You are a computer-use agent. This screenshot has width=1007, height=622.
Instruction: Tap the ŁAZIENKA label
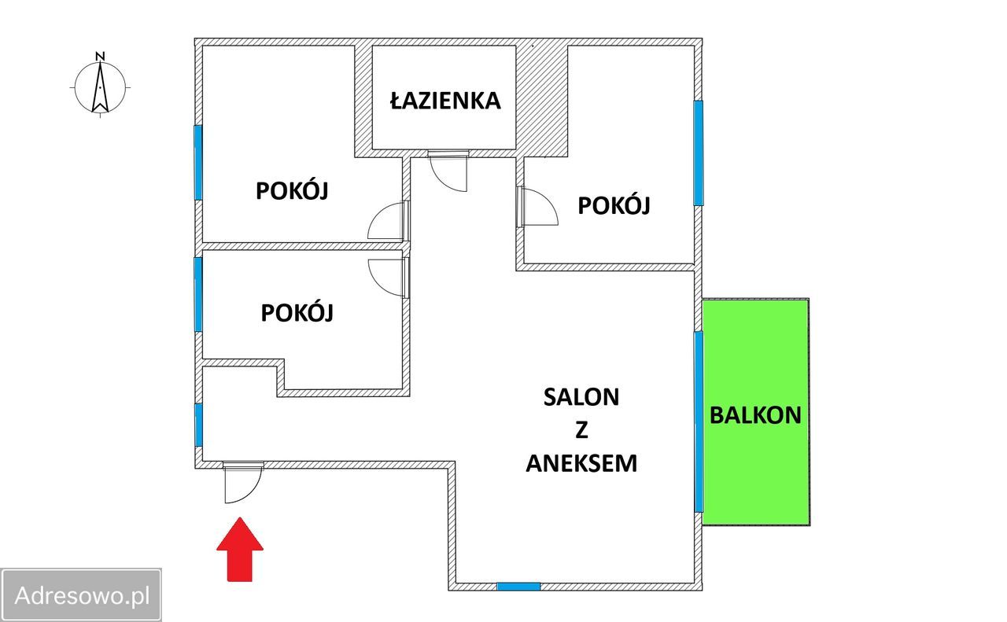click(444, 101)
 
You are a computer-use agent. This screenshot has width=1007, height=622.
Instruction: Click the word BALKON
click(755, 415)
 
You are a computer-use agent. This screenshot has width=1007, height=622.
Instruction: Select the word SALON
click(581, 397)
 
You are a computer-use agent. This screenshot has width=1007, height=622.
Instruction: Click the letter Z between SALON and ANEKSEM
click(581, 431)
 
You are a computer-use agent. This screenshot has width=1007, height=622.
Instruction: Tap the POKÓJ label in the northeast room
click(614, 206)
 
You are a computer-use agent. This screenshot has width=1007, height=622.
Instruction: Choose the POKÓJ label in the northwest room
click(292, 191)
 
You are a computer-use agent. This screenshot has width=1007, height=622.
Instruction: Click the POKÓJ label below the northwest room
click(297, 313)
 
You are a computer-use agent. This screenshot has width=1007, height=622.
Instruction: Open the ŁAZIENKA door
click(449, 170)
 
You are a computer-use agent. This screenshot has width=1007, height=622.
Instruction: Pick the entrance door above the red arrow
click(242, 482)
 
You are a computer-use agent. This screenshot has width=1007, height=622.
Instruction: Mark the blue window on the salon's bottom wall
click(518, 586)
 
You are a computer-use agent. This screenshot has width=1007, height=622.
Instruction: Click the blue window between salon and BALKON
click(699, 421)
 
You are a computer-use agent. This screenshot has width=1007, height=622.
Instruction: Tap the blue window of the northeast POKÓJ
click(698, 153)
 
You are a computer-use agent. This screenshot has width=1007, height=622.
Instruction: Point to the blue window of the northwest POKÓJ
click(198, 162)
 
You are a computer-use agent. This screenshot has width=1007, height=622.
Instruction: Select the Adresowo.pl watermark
click(82, 595)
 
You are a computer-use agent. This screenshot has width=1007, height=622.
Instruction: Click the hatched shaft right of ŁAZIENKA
click(542, 98)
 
